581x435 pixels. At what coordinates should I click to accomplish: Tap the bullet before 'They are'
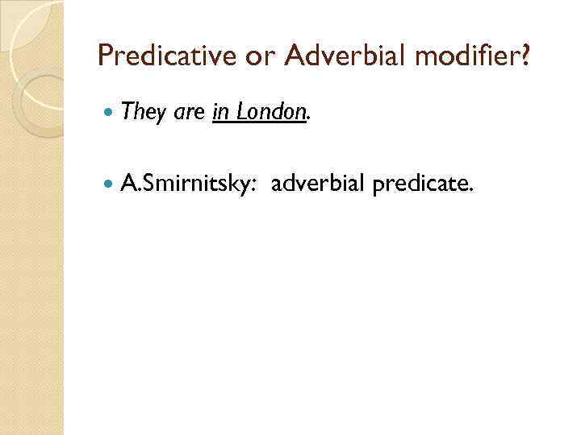[x=110, y=113]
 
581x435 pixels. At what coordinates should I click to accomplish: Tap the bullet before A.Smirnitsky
[x=110, y=185]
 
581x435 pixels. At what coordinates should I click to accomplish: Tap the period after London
[x=307, y=119]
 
